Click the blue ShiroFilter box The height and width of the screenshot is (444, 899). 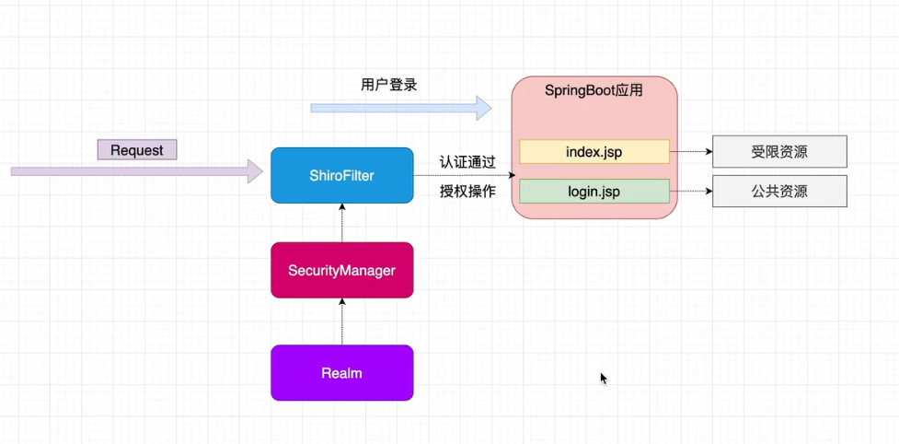pyautogui.click(x=341, y=175)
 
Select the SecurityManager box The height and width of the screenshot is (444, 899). pyautogui.click(x=341, y=270)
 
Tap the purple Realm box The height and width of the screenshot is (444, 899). pyautogui.click(x=341, y=373)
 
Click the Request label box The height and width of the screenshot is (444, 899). pyautogui.click(x=137, y=149)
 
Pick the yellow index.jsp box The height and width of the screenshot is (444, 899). pyautogui.click(x=594, y=151)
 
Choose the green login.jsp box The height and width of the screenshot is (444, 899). pyautogui.click(x=594, y=192)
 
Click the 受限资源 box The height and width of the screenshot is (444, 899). pyautogui.click(x=779, y=151)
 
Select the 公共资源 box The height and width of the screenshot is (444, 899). pyautogui.click(x=779, y=192)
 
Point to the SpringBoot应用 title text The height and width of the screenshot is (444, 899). pyautogui.click(x=594, y=90)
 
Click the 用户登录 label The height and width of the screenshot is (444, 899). pyautogui.click(x=388, y=85)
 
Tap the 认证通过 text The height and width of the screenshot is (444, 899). pyautogui.click(x=467, y=162)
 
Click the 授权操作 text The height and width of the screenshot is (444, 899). pyautogui.click(x=467, y=192)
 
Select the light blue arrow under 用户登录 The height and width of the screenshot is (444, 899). pyautogui.click(x=400, y=108)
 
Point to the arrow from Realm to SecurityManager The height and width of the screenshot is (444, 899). pyautogui.click(x=342, y=321)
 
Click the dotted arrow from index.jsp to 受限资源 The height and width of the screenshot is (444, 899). pyautogui.click(x=691, y=151)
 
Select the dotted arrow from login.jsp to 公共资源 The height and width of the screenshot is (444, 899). pyautogui.click(x=691, y=192)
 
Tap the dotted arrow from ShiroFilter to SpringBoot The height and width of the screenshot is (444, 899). pyautogui.click(x=465, y=175)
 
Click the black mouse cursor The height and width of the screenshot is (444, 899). pyautogui.click(x=604, y=378)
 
